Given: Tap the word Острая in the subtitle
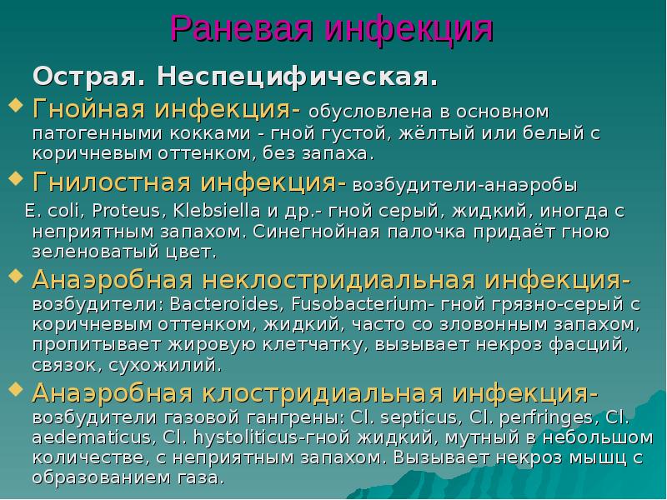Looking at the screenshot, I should coord(88,78).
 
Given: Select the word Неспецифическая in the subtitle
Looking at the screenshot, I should coord(295,78).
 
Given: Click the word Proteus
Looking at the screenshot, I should coord(111,208).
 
